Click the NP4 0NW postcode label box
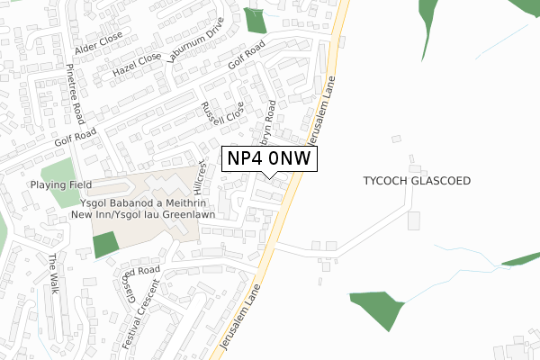[x=269, y=158]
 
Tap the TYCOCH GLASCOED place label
[x=417, y=181]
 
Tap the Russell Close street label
[x=222, y=113]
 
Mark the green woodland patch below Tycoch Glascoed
[x=377, y=309]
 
